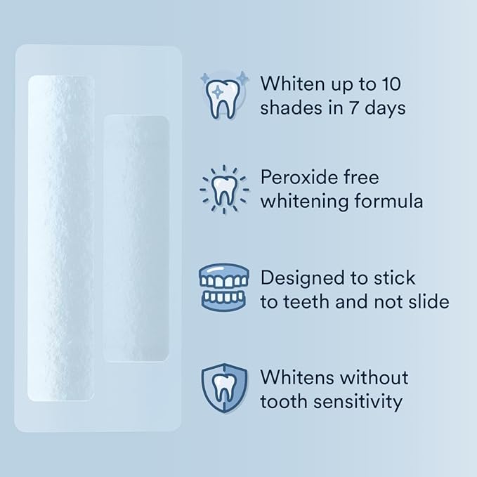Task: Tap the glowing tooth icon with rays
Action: [x=224, y=189]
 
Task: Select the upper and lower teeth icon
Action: [x=224, y=287]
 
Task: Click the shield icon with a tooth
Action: [x=224, y=388]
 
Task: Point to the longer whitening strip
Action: [x=60, y=237]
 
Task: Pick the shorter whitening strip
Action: [x=136, y=237]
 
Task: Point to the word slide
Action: [x=426, y=302]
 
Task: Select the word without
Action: [x=374, y=377]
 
